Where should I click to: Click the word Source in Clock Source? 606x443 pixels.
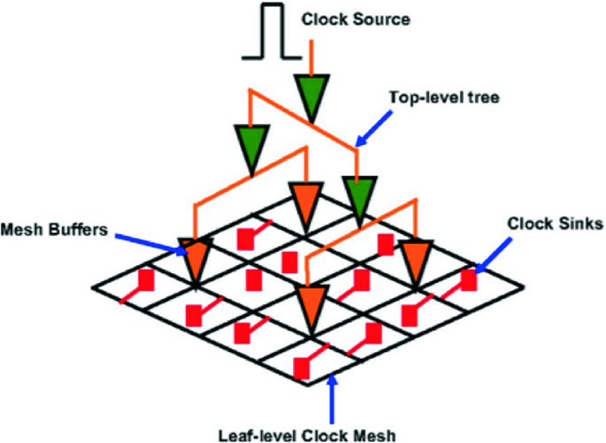click(x=382, y=19)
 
